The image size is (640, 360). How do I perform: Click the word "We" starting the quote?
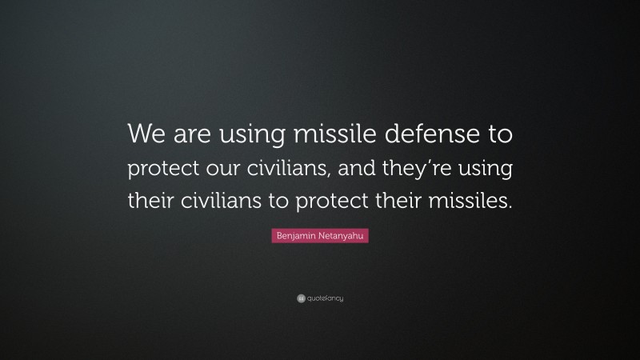146,135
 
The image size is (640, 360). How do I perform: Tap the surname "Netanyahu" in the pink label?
343,238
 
